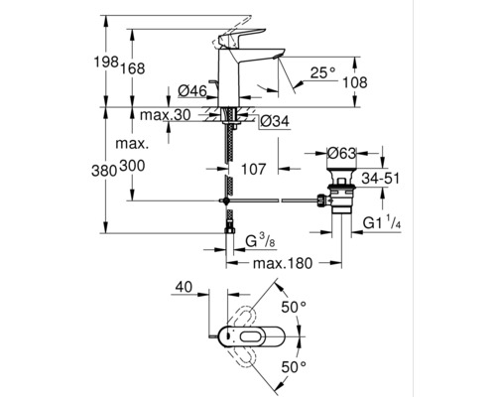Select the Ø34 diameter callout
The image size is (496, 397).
coord(273,121)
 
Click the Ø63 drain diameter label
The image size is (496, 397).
coord(342,154)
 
